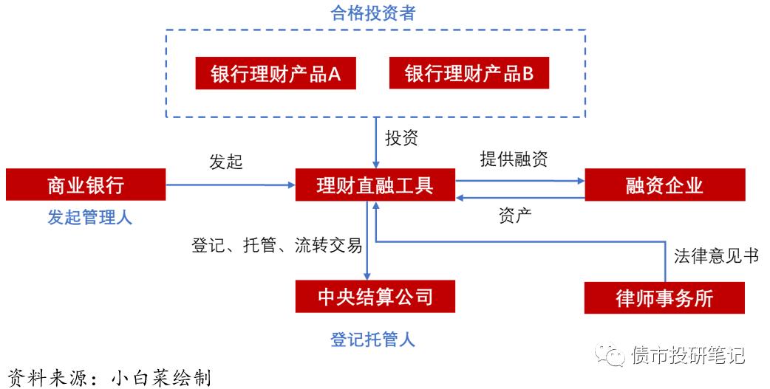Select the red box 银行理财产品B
[x=469, y=74]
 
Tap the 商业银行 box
[x=86, y=185]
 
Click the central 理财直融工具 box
[x=375, y=185]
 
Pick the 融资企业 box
[x=664, y=185]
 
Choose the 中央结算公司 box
[x=375, y=297]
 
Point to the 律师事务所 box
[x=664, y=297]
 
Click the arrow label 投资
[x=401, y=138]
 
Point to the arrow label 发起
[x=226, y=162]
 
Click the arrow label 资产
[x=516, y=216]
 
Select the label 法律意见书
[x=716, y=255]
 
